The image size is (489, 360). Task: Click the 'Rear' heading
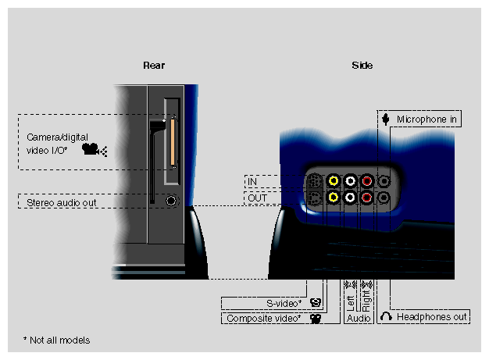tap(154, 65)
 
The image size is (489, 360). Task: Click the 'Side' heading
tap(362, 65)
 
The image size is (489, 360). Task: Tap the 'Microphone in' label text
tap(427, 119)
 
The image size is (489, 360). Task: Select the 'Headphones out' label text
tap(431, 317)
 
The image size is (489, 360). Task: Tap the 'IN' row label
tap(252, 182)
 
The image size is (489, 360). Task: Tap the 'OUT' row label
tap(255, 198)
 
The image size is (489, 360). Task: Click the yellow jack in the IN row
tap(334, 181)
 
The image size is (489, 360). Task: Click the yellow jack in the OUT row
tap(334, 198)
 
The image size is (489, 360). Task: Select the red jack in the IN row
tap(367, 181)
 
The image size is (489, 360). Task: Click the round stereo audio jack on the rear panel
tap(173, 200)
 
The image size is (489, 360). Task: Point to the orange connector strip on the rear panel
tap(172, 142)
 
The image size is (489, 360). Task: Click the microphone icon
tap(386, 119)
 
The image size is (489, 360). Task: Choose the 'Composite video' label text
tap(264, 319)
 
